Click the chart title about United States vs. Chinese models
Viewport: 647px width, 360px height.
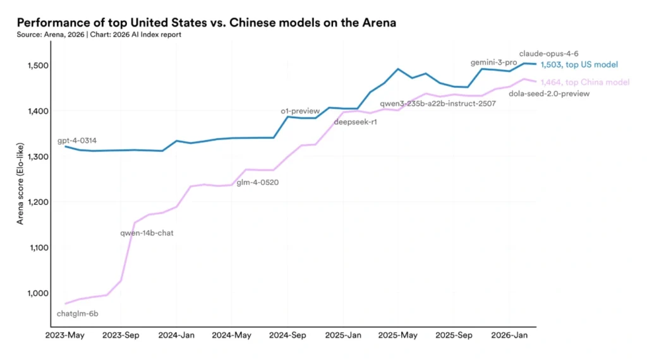207,23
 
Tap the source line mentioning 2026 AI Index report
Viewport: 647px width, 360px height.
100,34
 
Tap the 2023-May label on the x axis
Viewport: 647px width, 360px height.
66,335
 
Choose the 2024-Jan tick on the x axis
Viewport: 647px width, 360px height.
177,335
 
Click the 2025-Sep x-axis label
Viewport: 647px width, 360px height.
454,335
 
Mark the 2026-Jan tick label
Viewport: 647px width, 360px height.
510,335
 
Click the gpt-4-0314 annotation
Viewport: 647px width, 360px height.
76,140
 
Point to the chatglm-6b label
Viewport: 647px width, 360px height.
78,313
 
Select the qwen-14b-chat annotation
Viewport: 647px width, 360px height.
147,233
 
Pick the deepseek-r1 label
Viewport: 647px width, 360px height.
355,122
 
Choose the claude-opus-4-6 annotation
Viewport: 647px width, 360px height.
548,54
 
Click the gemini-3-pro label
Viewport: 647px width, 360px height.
494,63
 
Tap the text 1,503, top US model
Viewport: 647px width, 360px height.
579,64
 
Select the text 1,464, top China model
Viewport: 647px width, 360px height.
585,82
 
